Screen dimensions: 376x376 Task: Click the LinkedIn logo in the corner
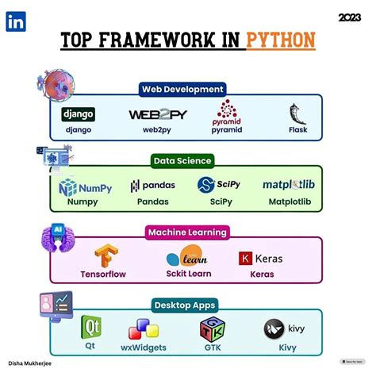[15, 21]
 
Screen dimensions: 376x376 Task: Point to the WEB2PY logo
[152, 115]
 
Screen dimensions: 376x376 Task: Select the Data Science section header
[182, 160]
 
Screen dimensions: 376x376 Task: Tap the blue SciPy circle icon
[205, 186]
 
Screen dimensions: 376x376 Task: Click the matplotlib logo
[293, 186]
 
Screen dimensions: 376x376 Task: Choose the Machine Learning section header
[186, 232]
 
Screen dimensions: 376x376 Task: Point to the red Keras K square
[246, 259]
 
